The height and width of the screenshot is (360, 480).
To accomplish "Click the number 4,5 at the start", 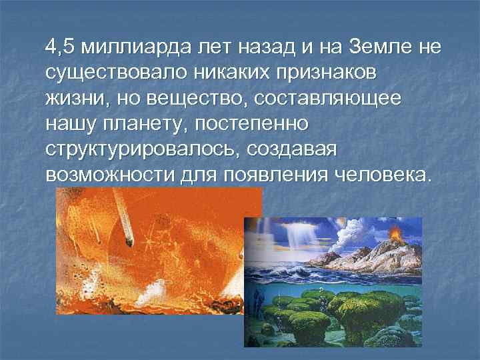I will click(59, 49).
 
